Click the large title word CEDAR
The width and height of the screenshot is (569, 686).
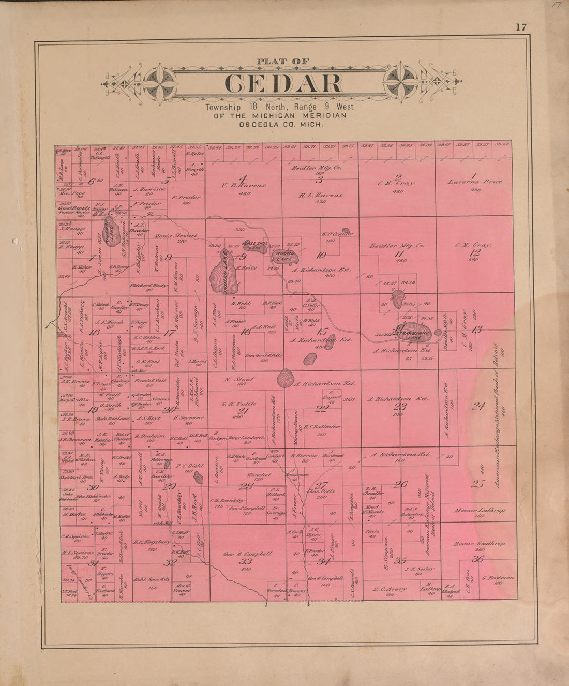click(283, 84)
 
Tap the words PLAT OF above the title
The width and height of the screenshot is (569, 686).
click(283, 62)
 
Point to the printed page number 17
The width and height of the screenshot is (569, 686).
click(520, 27)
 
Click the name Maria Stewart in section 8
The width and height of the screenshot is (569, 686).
click(176, 236)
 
